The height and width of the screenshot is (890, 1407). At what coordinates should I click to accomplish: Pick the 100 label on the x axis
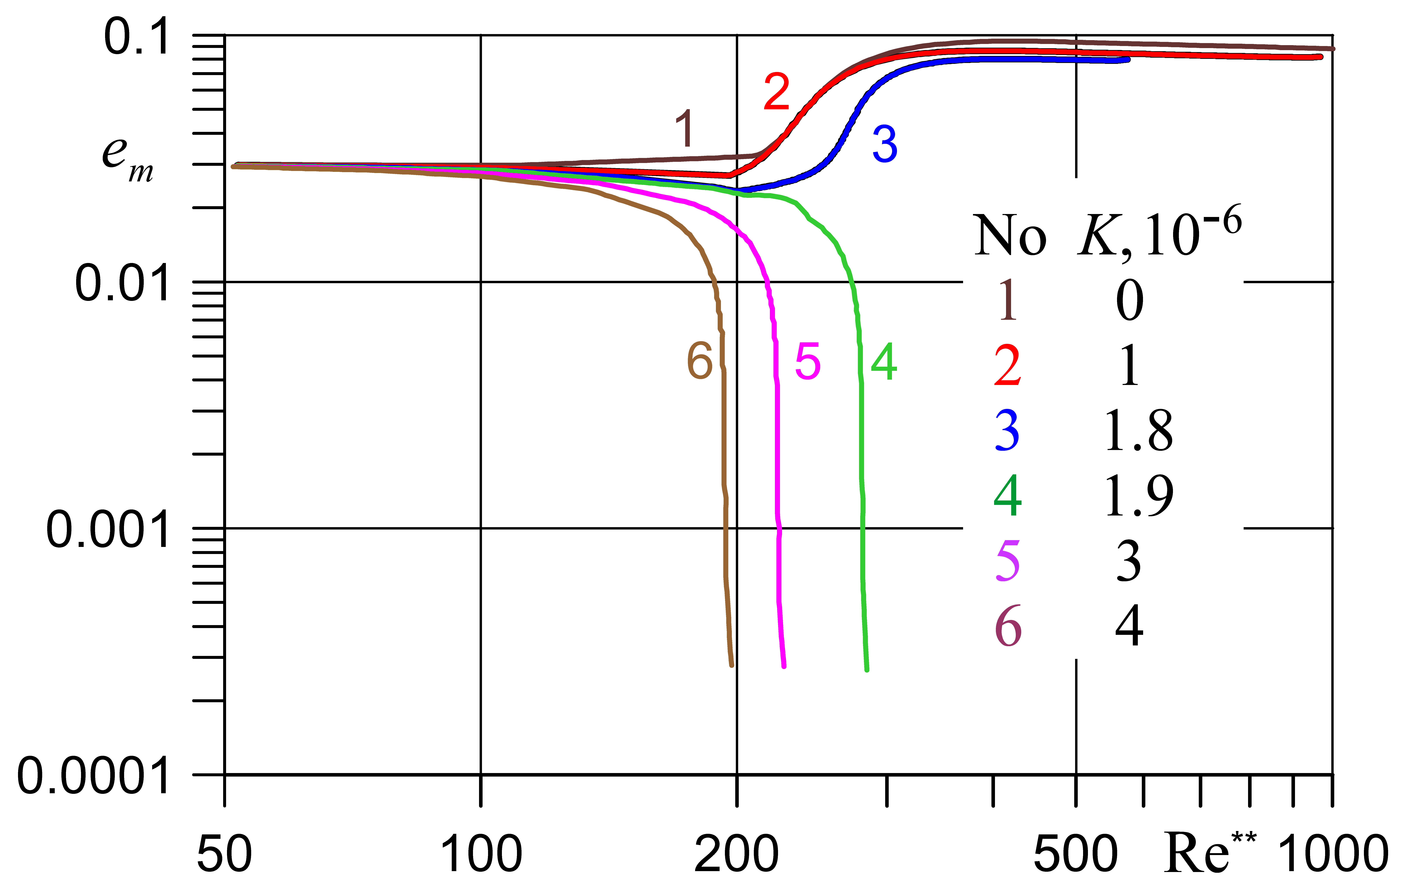click(481, 854)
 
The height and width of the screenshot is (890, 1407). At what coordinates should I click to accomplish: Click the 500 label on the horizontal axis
click(1076, 854)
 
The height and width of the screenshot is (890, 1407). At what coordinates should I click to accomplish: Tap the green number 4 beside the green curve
click(883, 362)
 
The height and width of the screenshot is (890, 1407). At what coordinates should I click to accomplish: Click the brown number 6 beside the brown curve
click(700, 361)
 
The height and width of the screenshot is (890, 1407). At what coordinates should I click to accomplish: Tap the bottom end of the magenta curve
click(783, 666)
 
